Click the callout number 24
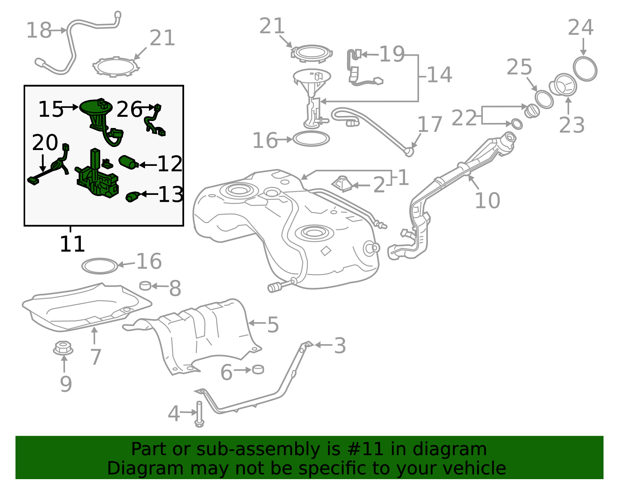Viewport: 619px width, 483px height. pos(580,28)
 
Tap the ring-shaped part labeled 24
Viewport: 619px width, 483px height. pos(585,69)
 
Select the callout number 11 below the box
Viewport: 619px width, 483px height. pos(72,244)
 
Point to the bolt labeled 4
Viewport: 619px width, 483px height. pos(199,414)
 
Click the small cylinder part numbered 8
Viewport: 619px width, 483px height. pos(145,285)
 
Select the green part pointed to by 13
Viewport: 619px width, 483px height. pos(133,196)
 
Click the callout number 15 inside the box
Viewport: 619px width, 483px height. pos(50,109)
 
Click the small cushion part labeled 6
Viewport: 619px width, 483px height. pos(258,369)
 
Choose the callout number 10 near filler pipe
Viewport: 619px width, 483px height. pos(487,201)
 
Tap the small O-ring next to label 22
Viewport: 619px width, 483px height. pos(516,124)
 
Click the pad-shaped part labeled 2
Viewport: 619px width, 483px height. pos(342,183)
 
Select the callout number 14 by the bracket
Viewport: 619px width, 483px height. pos(439,75)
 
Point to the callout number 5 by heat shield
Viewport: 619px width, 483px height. pos(273,325)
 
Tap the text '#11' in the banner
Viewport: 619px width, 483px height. pos(366,449)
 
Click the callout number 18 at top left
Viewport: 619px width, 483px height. pos(39,31)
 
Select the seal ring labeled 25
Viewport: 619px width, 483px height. pos(544,99)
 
